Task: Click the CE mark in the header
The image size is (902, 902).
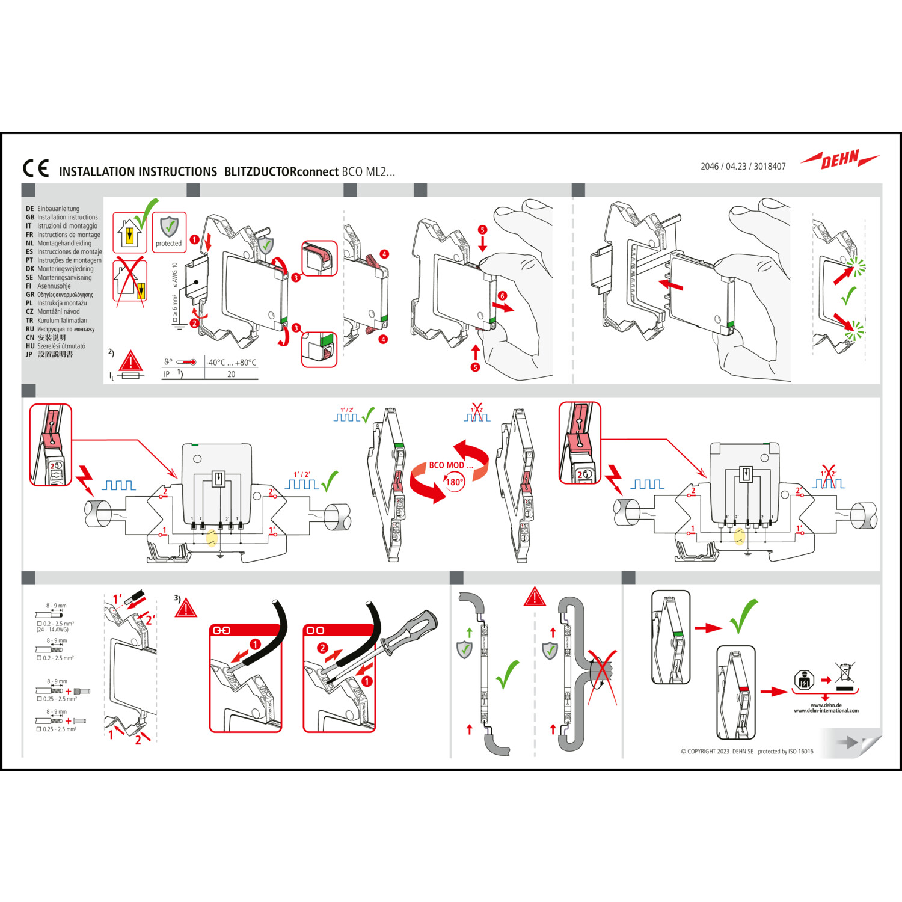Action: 35,168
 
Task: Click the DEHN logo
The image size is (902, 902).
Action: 840,160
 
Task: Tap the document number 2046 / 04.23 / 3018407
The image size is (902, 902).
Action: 743,167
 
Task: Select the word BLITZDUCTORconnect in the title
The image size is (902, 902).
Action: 281,172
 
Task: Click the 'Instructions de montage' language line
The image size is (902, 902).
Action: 69,235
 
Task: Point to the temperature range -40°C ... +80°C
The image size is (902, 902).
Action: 232,363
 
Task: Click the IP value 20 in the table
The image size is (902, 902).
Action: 232,374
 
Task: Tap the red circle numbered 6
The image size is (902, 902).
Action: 502,296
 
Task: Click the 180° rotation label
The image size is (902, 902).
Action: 454,482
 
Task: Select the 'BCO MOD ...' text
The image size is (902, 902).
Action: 450,465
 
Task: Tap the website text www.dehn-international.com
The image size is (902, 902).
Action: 826,711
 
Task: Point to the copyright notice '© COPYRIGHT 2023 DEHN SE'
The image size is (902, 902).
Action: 716,752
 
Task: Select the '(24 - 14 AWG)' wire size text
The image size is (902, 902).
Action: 53,630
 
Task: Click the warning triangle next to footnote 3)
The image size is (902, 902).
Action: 186,608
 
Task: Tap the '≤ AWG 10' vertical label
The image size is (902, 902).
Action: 175,274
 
